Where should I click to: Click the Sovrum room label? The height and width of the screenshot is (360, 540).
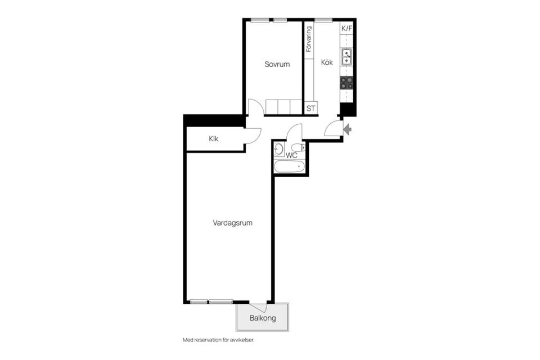point(277,64)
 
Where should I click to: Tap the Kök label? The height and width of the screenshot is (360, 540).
point(327,62)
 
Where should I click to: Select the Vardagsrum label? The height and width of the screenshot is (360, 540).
point(232,223)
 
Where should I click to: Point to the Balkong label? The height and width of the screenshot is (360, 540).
point(263,318)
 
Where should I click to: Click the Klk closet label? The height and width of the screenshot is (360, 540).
point(214,139)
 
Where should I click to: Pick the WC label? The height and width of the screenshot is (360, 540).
point(291,155)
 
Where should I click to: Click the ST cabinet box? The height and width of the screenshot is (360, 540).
point(310,108)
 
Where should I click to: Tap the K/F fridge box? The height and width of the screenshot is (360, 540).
point(347,29)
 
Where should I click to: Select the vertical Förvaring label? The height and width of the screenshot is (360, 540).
point(309,39)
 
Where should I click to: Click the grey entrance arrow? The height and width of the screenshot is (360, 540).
point(348,130)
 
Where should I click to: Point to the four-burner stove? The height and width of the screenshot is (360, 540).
point(347,83)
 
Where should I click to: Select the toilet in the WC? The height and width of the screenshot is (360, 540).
point(298,148)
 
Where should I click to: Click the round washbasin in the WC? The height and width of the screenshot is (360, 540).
point(278,149)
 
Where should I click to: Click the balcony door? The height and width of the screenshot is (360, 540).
point(258,308)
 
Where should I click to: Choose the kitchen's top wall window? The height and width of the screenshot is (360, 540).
point(323,20)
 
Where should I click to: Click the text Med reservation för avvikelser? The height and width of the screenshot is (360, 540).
point(218,340)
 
